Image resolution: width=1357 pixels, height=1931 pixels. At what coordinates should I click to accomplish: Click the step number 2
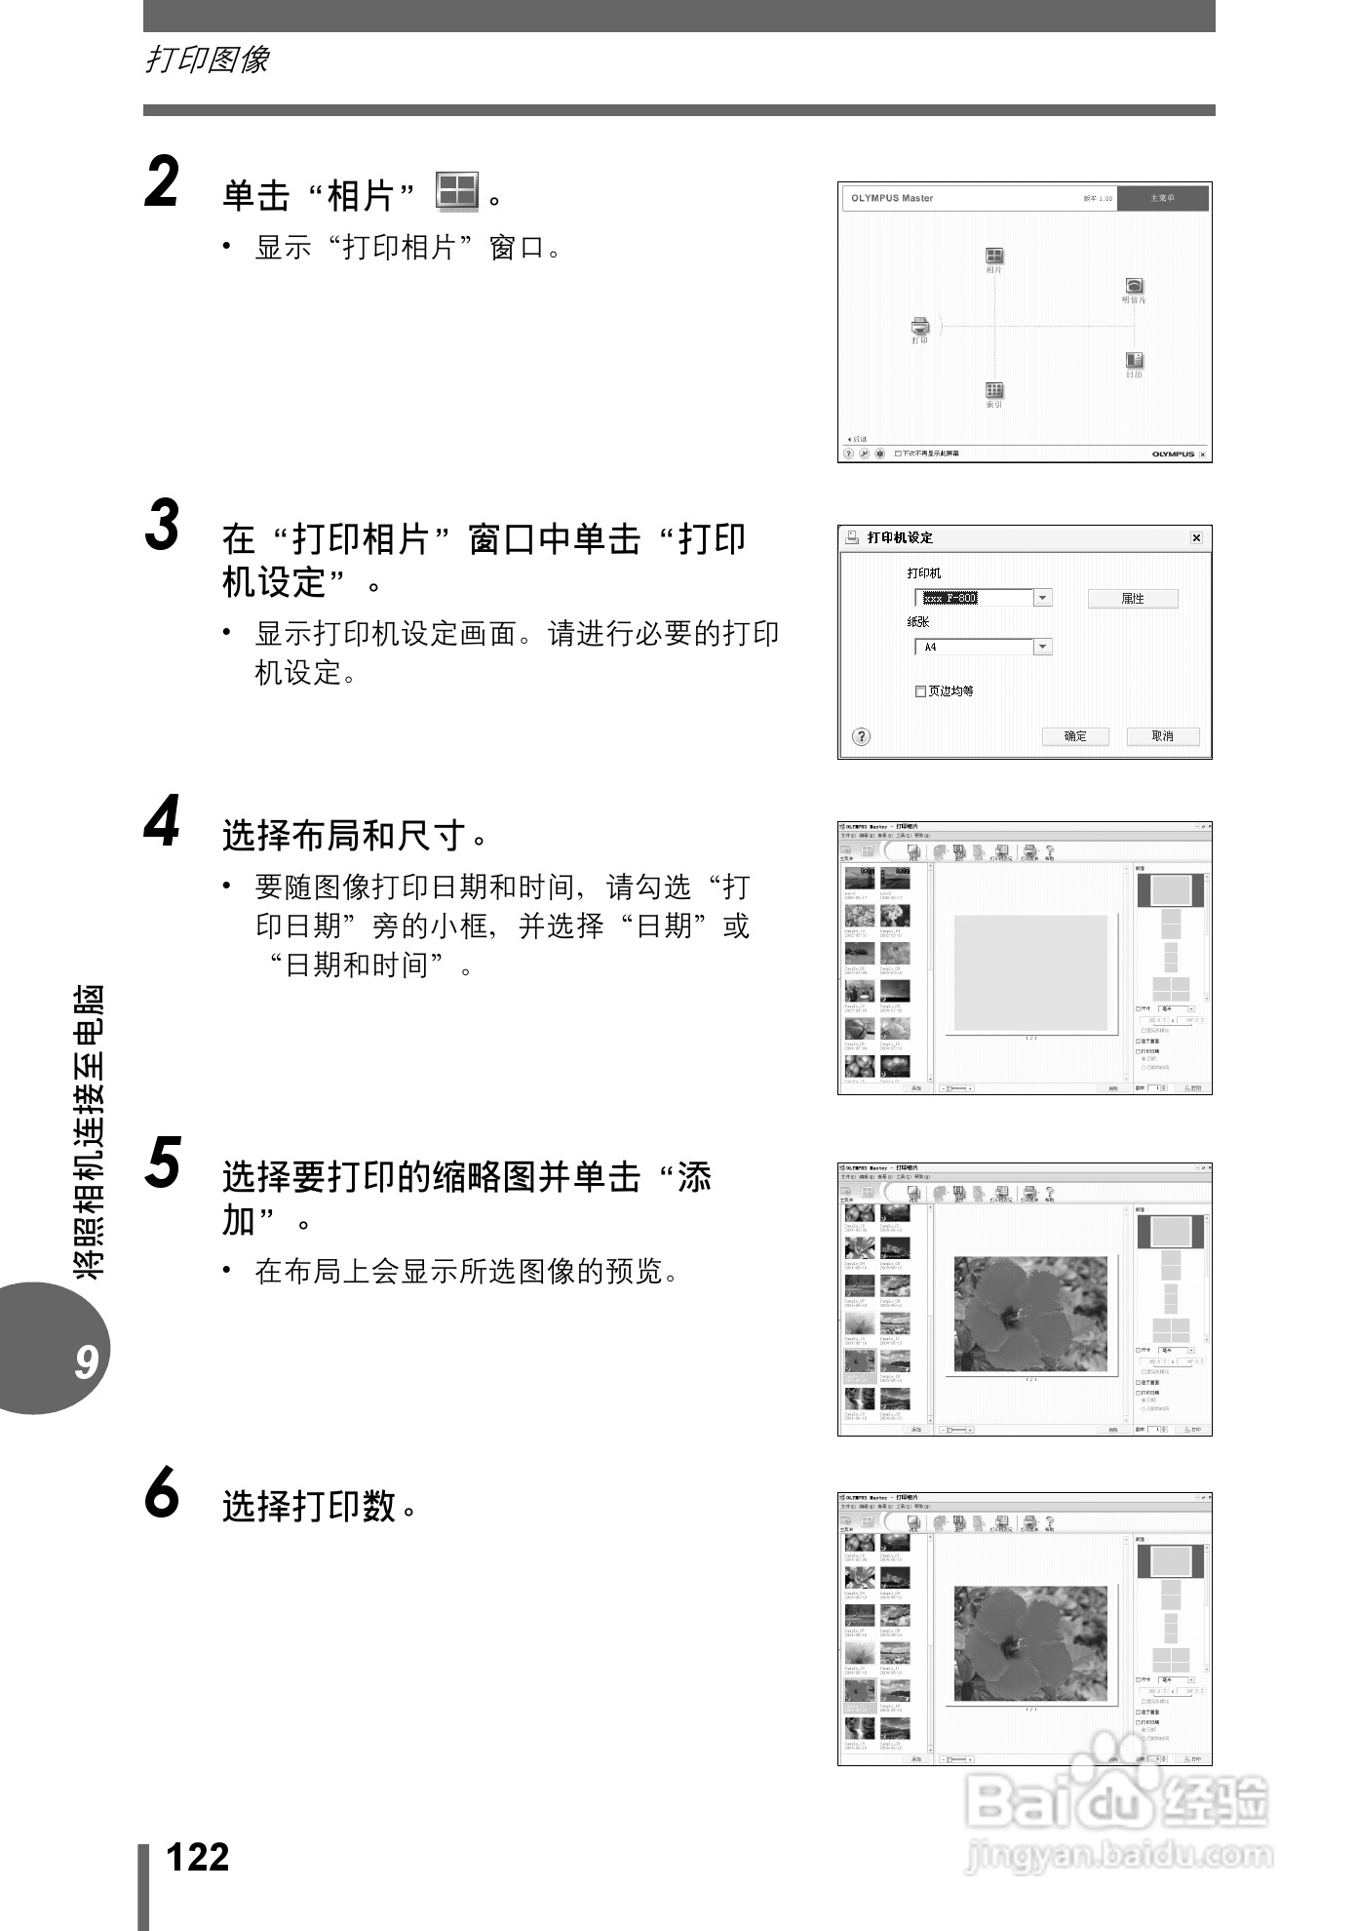[162, 182]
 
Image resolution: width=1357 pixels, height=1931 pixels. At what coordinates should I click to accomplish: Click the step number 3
[162, 526]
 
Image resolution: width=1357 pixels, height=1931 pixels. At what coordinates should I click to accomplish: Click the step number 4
[162, 822]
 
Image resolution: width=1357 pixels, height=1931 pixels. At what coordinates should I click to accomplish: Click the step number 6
[162, 1493]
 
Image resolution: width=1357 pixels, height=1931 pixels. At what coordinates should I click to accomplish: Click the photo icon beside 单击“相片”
[456, 192]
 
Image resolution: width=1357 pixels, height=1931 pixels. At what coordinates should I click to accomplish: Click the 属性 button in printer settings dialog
[1132, 599]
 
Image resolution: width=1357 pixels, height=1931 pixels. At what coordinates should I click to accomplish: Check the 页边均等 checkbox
[920, 691]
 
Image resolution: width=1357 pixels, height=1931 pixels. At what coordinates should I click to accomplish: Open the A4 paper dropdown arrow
[1042, 647]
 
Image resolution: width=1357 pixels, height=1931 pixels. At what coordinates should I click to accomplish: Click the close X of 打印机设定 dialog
[1196, 537]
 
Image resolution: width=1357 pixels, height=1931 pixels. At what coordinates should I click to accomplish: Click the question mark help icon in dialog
[861, 736]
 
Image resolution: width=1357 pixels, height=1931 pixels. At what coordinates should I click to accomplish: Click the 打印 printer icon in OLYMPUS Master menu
[920, 327]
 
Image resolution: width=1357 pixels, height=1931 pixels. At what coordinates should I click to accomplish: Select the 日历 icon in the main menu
[1134, 362]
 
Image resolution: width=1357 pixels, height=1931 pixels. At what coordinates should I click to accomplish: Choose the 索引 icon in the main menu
[994, 391]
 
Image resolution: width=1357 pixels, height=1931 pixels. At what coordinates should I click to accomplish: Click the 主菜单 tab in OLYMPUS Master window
[1162, 198]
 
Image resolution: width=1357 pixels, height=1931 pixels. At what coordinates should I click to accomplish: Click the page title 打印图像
[207, 59]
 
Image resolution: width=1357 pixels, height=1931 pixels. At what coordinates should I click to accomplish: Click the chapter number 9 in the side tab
[86, 1361]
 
